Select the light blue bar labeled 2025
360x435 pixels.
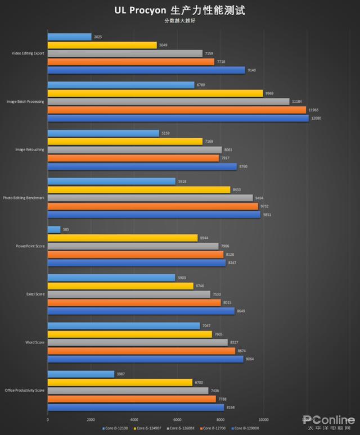click(x=69, y=37)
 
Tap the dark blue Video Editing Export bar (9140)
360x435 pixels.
click(x=146, y=70)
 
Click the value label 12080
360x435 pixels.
click(x=317, y=119)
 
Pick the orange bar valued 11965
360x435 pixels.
click(x=177, y=110)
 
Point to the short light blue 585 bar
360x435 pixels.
click(x=54, y=229)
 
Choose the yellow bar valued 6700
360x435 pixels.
click(x=120, y=382)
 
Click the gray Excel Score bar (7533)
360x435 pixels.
click(x=129, y=294)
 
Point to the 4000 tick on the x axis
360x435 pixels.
click(x=134, y=419)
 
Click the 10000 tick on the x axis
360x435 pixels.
click(x=263, y=419)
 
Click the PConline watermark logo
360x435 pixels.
click(x=328, y=420)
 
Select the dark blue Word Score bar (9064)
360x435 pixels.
click(x=145, y=359)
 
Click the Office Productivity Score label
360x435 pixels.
click(x=25, y=391)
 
